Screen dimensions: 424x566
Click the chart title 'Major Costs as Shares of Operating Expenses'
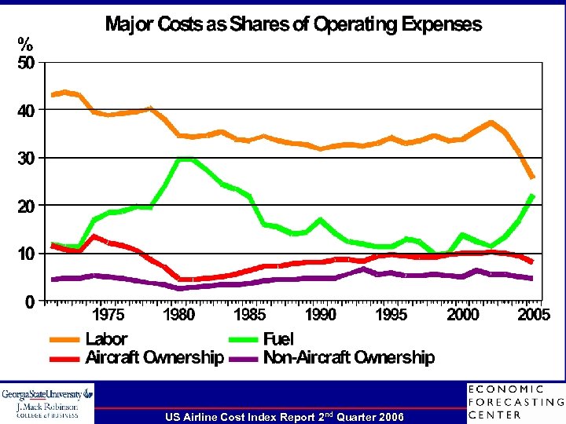293,24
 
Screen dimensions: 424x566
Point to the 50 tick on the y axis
27,64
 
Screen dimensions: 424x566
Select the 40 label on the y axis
27,111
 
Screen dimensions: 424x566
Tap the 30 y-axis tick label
27,158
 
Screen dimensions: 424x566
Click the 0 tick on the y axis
28,301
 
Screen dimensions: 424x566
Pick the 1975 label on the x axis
109,315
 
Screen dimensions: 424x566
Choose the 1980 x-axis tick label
179,315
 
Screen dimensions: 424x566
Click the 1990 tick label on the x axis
321,315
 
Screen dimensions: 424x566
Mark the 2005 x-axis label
533,315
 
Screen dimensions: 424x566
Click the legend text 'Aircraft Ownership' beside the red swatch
154,358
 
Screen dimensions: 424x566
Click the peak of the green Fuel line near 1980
182,159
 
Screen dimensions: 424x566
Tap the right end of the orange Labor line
533,177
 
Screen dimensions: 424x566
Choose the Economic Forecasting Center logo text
515,402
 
